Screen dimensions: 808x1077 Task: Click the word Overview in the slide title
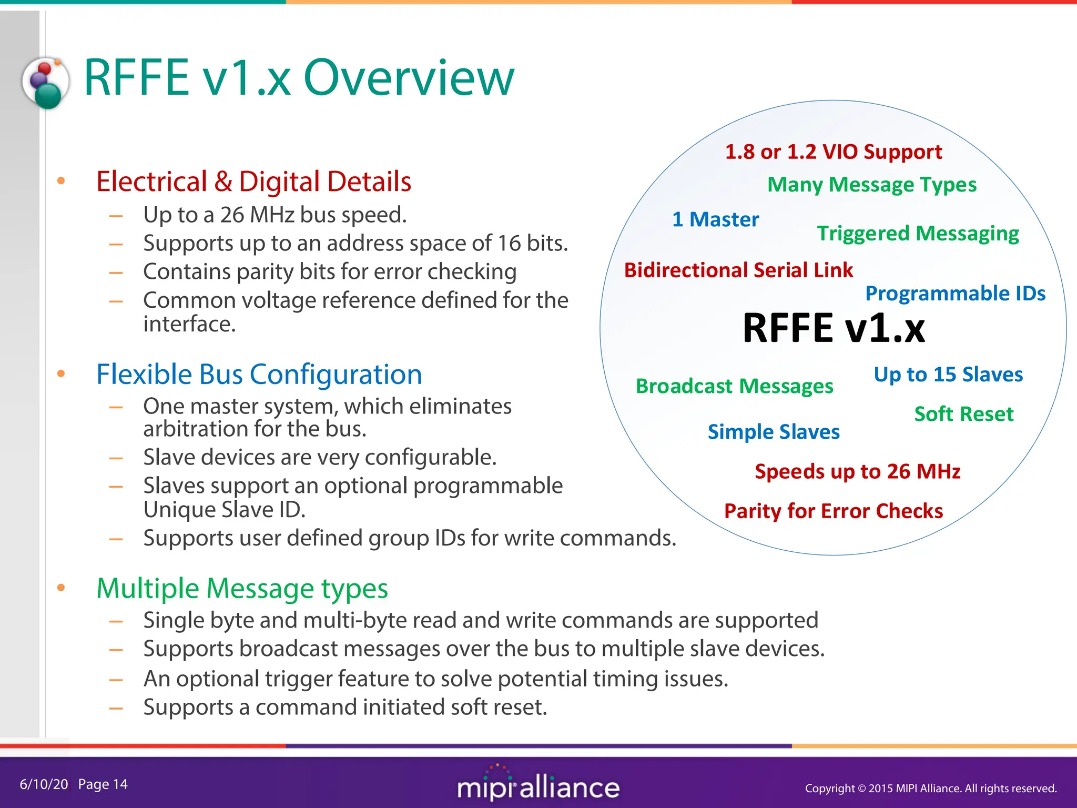409,78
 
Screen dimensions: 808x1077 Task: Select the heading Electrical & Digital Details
253,181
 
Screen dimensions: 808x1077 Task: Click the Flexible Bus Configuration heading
259,375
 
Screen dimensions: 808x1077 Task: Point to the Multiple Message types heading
242,588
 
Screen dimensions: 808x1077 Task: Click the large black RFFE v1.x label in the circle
834,328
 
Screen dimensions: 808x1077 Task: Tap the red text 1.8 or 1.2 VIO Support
834,152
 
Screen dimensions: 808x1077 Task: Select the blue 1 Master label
715,219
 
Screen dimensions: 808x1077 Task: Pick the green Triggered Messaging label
918,234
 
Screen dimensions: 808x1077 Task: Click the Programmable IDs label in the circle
955,294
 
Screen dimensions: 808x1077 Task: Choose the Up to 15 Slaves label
948,375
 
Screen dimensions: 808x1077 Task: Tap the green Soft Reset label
963,414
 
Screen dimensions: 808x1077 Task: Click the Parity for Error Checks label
834,511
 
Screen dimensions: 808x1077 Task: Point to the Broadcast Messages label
734,387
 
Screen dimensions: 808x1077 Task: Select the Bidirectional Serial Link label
738,270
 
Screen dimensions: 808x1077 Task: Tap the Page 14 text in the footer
103,784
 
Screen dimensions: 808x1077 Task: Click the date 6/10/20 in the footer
44,784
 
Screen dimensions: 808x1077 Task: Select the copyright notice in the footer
931,788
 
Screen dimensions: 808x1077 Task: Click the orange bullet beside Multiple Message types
61,588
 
